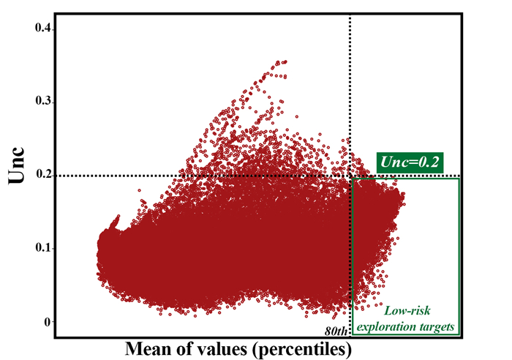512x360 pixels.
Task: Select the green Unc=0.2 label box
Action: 410,162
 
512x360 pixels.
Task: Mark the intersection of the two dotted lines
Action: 350,176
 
